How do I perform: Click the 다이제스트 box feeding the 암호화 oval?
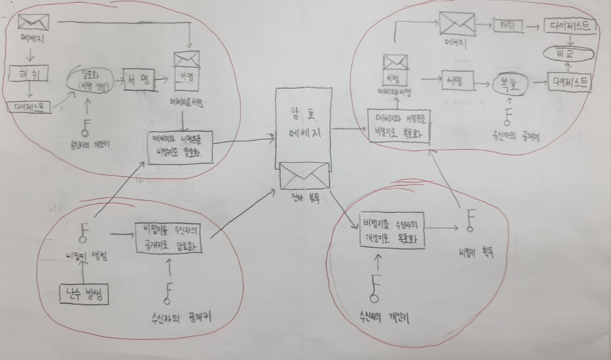pos(29,107)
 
